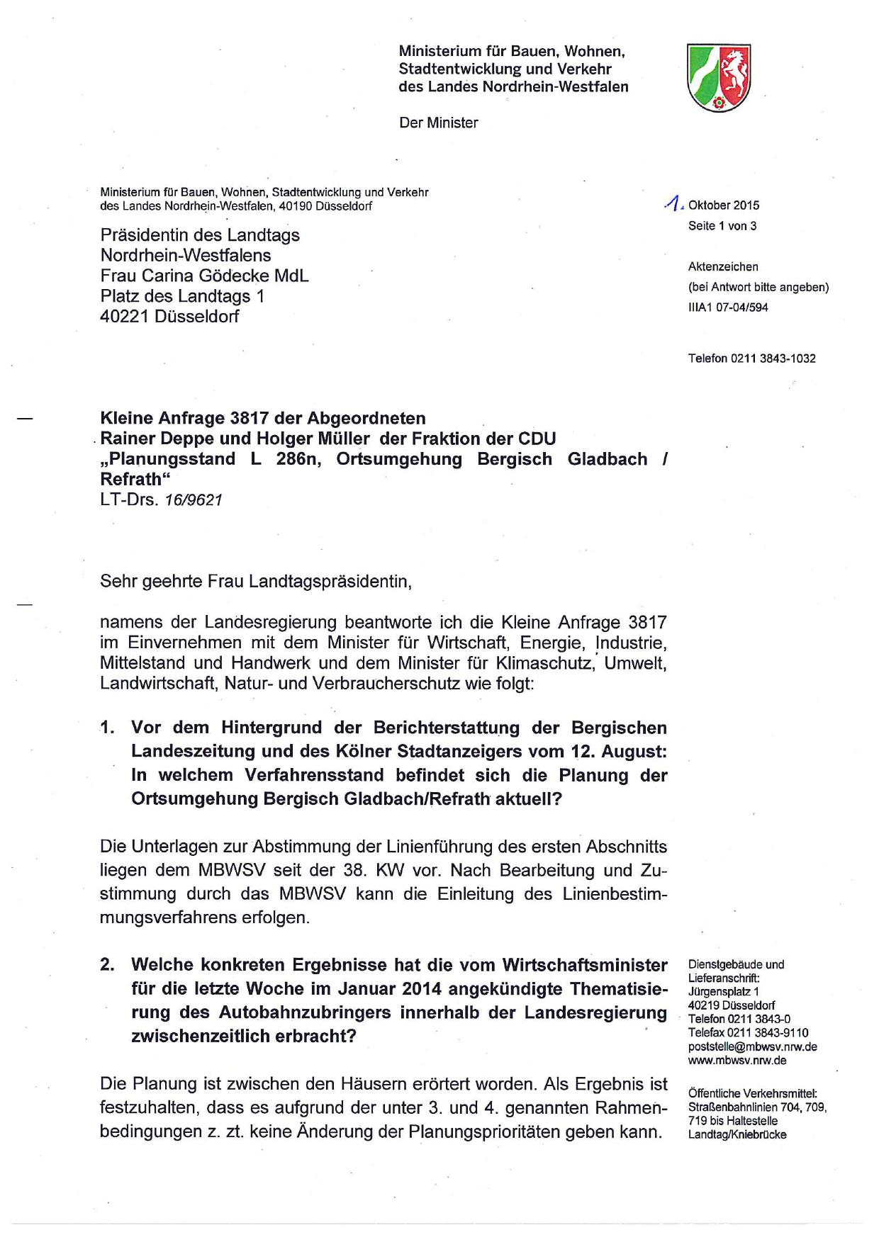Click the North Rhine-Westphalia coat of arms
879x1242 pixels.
[718, 77]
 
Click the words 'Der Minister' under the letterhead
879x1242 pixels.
[438, 123]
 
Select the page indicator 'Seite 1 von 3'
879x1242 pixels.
[722, 226]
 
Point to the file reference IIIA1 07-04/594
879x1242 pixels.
[727, 307]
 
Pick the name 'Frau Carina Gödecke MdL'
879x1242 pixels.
[204, 276]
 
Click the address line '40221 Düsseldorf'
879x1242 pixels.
[169, 317]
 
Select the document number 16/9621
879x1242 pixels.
[194, 500]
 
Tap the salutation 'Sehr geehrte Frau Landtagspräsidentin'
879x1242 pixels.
[255, 582]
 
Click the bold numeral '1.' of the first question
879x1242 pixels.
[107, 728]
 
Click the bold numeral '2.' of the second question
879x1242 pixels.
[107, 965]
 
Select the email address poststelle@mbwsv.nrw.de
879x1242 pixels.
[752, 1046]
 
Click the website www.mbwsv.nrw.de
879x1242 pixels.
[737, 1061]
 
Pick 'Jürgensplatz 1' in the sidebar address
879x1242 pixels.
[723, 991]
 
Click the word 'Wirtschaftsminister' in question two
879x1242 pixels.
[585, 965]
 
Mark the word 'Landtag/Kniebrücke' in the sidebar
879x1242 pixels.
[737, 1134]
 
